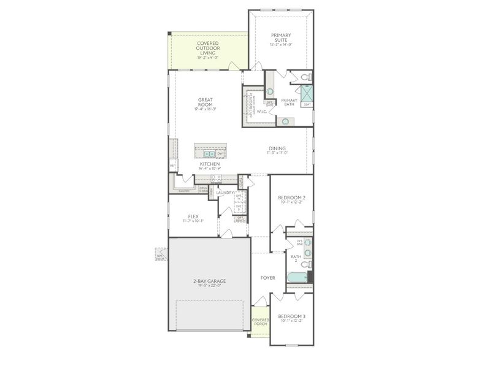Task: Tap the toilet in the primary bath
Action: point(304,77)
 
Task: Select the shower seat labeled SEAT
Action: point(307,104)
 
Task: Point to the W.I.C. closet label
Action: point(261,112)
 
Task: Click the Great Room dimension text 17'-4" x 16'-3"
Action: point(205,109)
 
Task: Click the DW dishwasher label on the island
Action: point(219,153)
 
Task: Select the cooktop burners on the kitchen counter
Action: point(216,178)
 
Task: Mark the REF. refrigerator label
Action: point(172,166)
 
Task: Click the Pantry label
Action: point(183,191)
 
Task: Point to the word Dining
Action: point(277,148)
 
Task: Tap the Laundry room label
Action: point(224,193)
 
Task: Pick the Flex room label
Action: point(193,217)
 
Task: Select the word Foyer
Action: point(267,278)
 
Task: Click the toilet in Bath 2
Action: point(305,264)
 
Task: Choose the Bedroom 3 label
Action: point(292,316)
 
